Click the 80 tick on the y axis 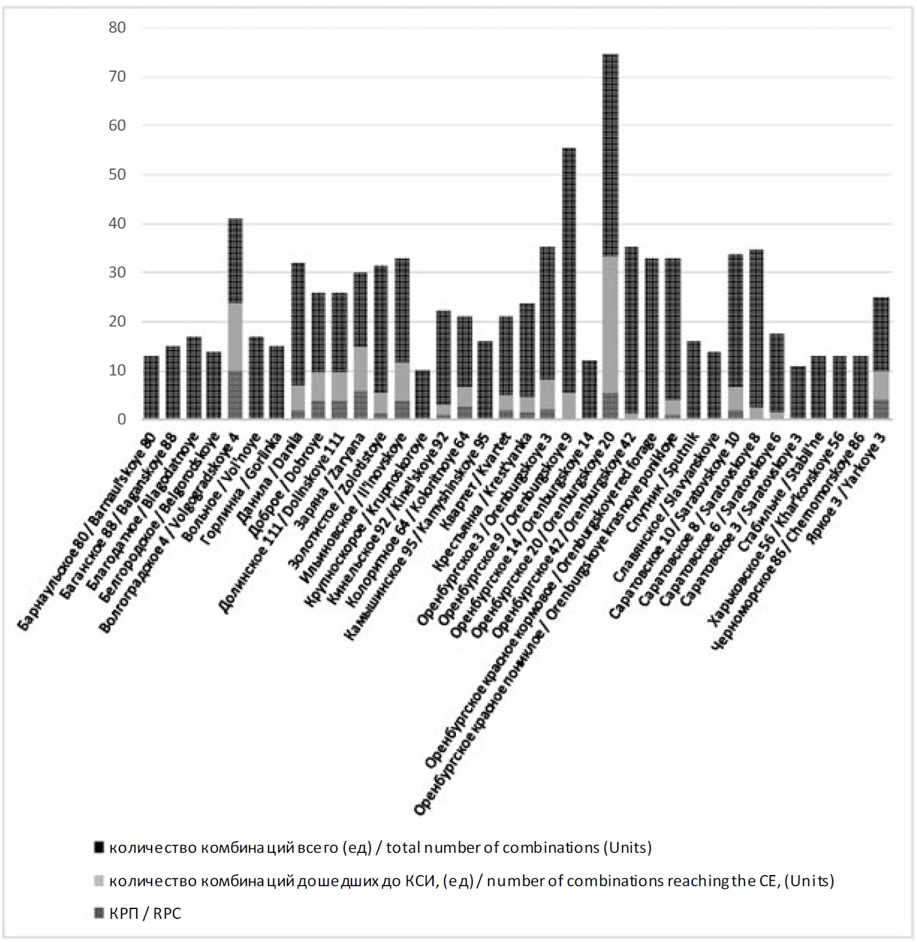[x=117, y=28]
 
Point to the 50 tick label [x=117, y=175]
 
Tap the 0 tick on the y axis [x=121, y=420]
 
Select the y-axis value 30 [x=117, y=273]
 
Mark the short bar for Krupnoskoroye [x=423, y=395]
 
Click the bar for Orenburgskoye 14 [x=589, y=390]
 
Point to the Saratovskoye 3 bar [x=797, y=392]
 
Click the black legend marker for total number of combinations [x=99, y=848]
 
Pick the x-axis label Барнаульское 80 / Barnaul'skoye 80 [x=88, y=529]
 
